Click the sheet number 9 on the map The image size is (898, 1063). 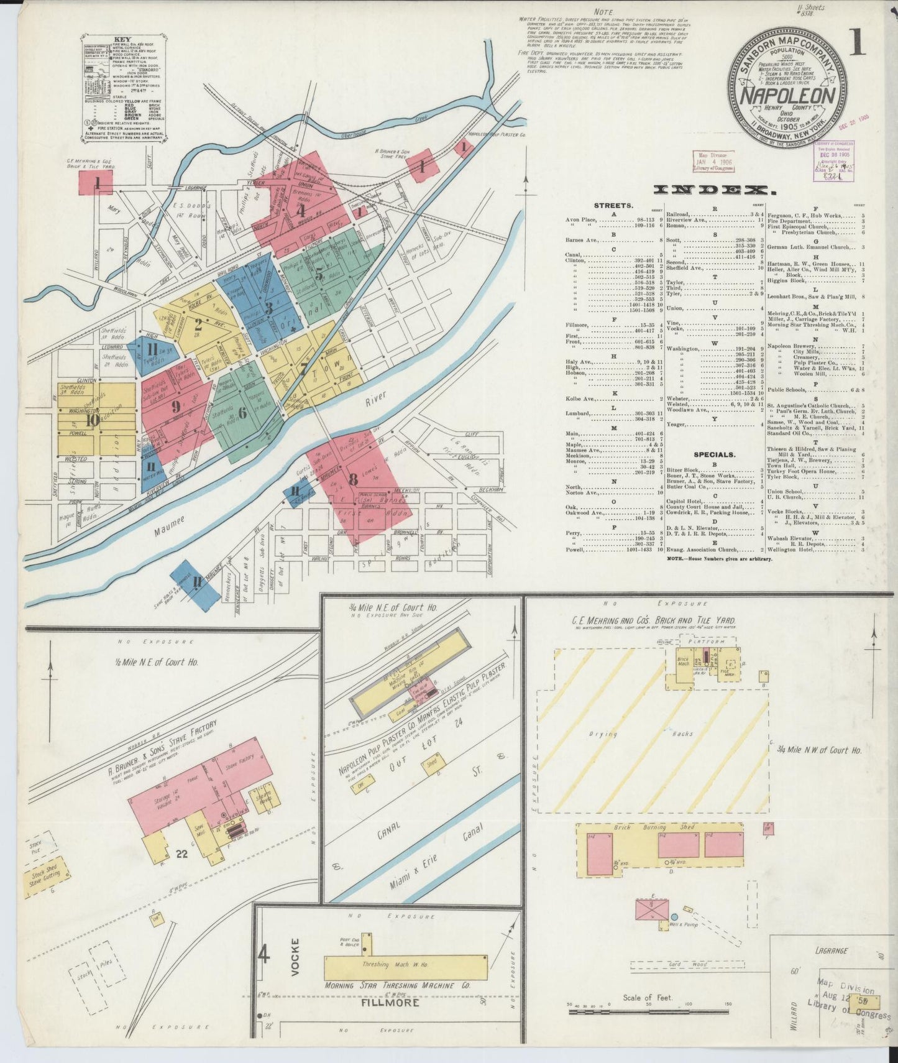[176, 407]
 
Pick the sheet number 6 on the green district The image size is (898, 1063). [242, 412]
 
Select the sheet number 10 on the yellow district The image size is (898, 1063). [93, 420]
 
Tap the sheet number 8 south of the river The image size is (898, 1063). [354, 479]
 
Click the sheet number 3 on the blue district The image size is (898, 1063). [268, 308]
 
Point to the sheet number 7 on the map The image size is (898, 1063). [303, 368]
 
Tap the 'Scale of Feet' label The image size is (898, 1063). [649, 1015]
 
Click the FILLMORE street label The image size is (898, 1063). [388, 1020]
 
